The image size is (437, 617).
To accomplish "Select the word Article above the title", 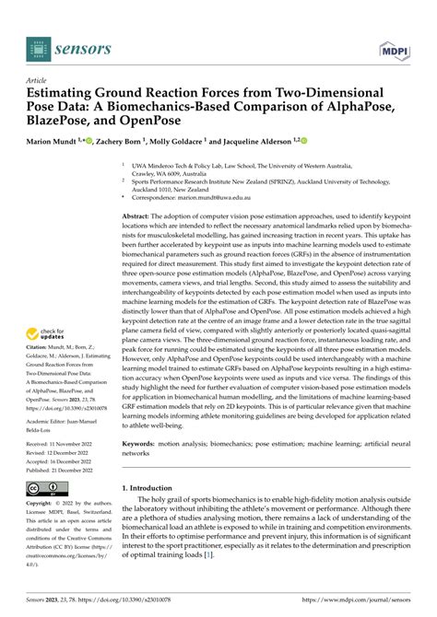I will point(42,79).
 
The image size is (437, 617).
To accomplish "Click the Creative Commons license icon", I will point(47,486).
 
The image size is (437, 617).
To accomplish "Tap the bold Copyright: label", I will point(43,504).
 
